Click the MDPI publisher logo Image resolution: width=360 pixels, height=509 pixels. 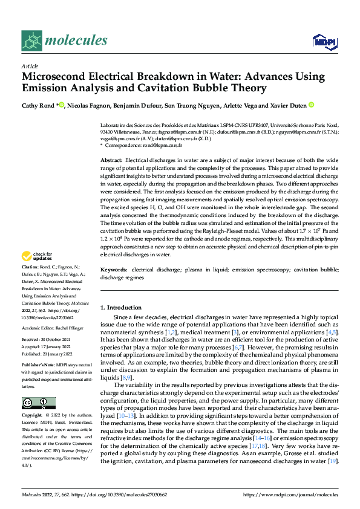click(x=324, y=41)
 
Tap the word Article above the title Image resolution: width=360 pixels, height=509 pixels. click(x=30, y=66)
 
